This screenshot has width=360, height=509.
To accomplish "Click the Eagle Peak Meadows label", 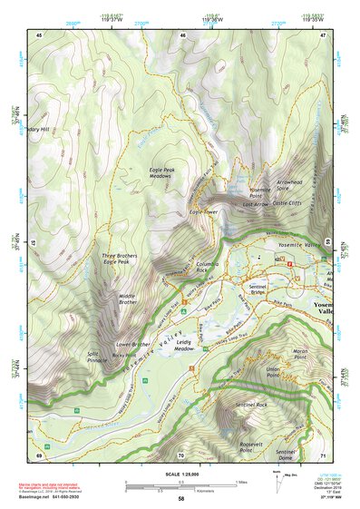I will (166, 173).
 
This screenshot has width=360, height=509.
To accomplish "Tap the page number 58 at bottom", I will (181, 499).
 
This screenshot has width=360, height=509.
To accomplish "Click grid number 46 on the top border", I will (183, 35).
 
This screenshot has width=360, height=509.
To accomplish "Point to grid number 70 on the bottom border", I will (181, 455).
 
